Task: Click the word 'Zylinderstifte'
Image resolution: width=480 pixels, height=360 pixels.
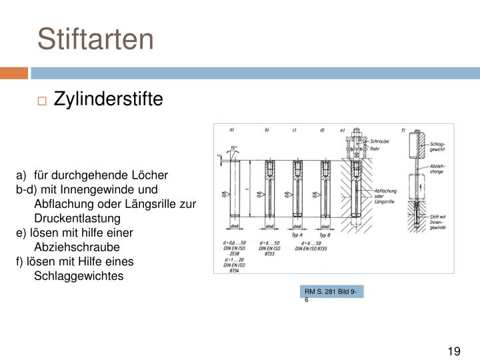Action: click(108, 99)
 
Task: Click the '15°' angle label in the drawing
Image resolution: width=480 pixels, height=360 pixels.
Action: click(233, 148)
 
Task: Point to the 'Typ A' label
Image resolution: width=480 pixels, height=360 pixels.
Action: click(297, 235)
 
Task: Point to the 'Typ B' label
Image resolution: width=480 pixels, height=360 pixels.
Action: click(324, 235)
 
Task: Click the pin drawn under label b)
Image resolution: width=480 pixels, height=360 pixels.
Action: click(269, 189)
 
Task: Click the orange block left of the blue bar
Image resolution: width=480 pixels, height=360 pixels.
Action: click(14, 72)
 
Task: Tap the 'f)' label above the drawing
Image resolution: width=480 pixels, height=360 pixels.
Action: click(405, 129)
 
